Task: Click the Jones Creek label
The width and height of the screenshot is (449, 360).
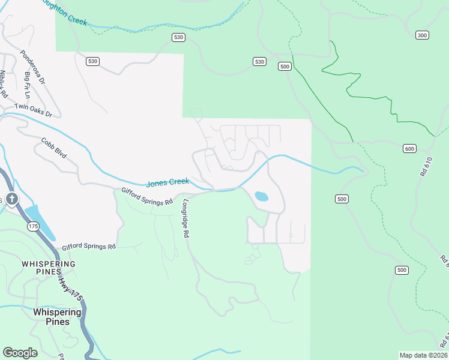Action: click(x=167, y=182)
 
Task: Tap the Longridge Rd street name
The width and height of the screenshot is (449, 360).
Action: click(x=186, y=219)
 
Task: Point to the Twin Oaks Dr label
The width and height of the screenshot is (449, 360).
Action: click(x=34, y=110)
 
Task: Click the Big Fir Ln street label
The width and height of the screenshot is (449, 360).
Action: click(x=27, y=85)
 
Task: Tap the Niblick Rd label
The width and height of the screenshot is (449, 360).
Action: click(x=4, y=84)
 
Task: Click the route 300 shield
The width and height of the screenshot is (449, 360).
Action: click(x=422, y=35)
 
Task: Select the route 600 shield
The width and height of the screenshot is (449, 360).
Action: click(x=409, y=149)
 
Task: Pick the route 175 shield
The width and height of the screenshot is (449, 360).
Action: click(x=32, y=226)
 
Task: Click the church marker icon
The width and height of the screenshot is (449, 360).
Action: click(x=11, y=199)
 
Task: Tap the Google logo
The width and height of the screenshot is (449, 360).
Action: click(x=20, y=352)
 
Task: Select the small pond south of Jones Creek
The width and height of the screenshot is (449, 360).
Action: click(x=261, y=196)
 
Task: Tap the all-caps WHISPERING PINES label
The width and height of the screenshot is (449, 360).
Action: click(x=49, y=268)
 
